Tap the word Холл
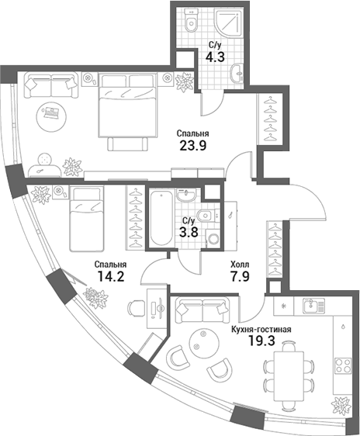240,263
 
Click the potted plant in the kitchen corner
339,406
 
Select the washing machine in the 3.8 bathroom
213,240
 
